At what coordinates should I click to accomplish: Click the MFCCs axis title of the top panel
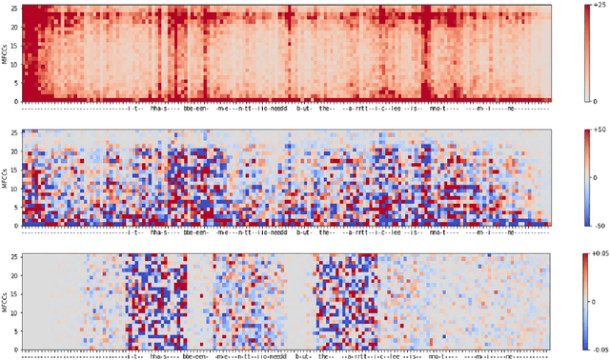pos(5,52)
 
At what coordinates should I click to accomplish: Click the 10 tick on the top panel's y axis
pos(15,63)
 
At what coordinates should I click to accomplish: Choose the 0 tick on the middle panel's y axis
pos(17,225)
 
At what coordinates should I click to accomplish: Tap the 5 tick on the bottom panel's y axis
pos(17,331)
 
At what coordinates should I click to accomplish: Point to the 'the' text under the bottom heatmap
pos(327,357)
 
